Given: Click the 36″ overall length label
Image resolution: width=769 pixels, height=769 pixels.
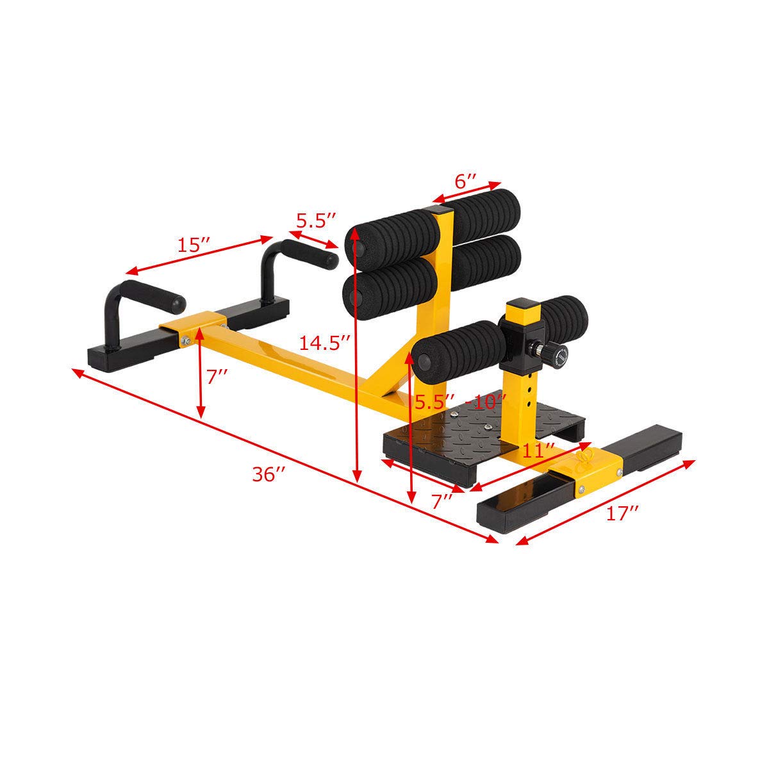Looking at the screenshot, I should point(269,475).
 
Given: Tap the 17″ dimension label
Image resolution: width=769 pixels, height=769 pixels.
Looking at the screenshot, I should point(622,513).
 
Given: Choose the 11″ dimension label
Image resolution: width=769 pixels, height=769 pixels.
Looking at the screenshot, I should point(536,450).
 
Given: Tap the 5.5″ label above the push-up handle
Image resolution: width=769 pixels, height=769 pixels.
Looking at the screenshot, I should point(316,220).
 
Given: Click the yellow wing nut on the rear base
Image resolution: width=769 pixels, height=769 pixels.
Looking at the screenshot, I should point(584,458).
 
